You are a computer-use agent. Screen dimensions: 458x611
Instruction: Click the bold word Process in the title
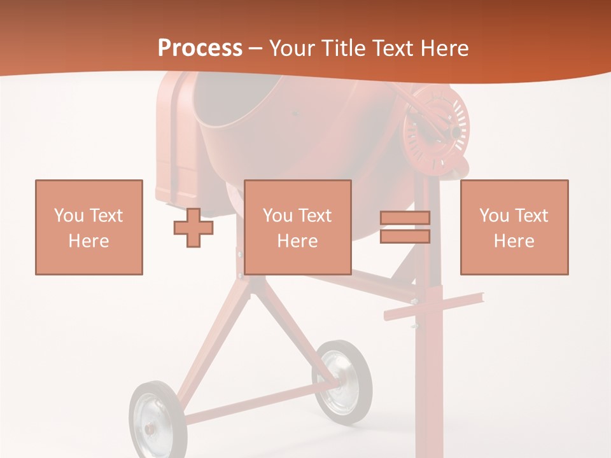click(x=200, y=48)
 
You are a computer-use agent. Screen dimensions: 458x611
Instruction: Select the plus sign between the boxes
click(x=193, y=228)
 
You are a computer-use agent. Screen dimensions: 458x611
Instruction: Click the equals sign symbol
click(x=405, y=227)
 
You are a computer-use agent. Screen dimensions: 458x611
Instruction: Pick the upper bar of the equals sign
click(x=405, y=218)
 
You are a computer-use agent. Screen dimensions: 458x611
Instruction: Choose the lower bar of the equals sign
click(x=405, y=237)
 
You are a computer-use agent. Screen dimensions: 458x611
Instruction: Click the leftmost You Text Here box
click(x=89, y=227)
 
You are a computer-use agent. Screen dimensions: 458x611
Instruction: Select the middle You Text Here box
click(x=297, y=227)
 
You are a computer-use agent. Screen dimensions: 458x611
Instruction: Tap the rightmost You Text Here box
click(x=514, y=227)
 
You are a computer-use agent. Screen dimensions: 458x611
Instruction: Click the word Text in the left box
click(x=106, y=216)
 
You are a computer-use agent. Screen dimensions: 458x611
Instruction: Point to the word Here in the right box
click(x=514, y=240)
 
